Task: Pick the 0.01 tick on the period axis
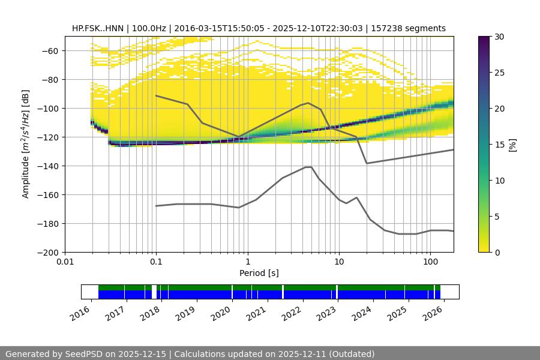[x=65, y=262]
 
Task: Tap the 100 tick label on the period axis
[x=430, y=262]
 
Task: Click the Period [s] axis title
[x=259, y=273]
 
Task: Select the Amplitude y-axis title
[x=26, y=144]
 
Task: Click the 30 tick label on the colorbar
[x=499, y=37]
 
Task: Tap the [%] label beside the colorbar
[x=512, y=145]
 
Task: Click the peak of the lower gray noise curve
[x=308, y=167]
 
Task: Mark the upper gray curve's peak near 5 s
[x=308, y=103]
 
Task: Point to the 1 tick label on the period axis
[x=247, y=262]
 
